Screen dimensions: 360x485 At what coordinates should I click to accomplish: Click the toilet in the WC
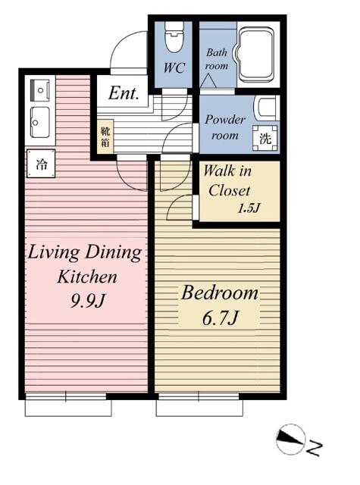174,36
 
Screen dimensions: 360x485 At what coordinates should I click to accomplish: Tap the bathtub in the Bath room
255,56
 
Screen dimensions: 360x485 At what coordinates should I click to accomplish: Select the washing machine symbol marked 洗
265,138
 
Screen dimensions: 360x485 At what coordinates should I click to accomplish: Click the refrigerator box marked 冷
41,164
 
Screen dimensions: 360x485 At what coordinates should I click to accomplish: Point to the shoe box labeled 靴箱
105,136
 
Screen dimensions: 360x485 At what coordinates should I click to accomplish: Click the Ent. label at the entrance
123,92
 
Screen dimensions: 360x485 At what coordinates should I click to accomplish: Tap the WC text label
174,67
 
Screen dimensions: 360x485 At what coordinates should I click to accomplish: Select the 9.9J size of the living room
88,300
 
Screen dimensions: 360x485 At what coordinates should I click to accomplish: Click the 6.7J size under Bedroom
221,318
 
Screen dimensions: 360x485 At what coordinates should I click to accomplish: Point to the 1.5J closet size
249,209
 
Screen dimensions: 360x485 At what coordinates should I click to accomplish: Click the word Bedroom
219,293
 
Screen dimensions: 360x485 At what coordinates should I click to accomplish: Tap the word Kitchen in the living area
87,276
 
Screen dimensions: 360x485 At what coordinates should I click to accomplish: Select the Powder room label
225,127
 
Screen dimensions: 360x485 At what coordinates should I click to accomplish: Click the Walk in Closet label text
227,180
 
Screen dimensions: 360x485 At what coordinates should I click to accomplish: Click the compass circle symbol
290,439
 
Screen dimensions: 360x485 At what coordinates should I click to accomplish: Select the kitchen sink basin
40,123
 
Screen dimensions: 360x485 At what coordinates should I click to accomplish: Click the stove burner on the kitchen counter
40,90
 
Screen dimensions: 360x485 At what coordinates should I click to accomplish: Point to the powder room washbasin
266,108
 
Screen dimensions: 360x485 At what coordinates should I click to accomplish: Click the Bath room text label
217,59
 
